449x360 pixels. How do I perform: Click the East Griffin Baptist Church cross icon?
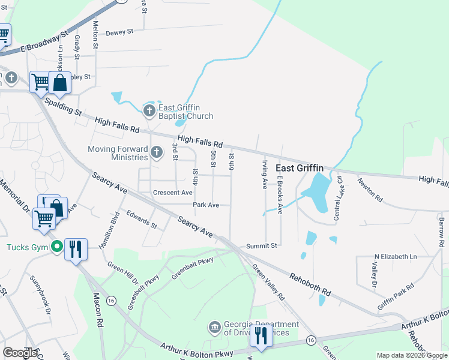(149, 110)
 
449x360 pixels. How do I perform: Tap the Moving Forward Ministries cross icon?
(157, 152)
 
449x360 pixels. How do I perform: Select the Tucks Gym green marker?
(57, 247)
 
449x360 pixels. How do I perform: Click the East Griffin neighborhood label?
(299, 169)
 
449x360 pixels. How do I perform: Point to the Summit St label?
(262, 245)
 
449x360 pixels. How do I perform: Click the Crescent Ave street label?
(172, 193)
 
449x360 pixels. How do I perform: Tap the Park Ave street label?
(206, 205)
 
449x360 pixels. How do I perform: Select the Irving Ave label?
(264, 174)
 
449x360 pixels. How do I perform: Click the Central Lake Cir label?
(338, 197)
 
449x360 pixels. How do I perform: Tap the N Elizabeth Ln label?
(387, 257)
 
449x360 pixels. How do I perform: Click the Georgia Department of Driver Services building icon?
(214, 327)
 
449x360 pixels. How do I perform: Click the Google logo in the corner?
(20, 353)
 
